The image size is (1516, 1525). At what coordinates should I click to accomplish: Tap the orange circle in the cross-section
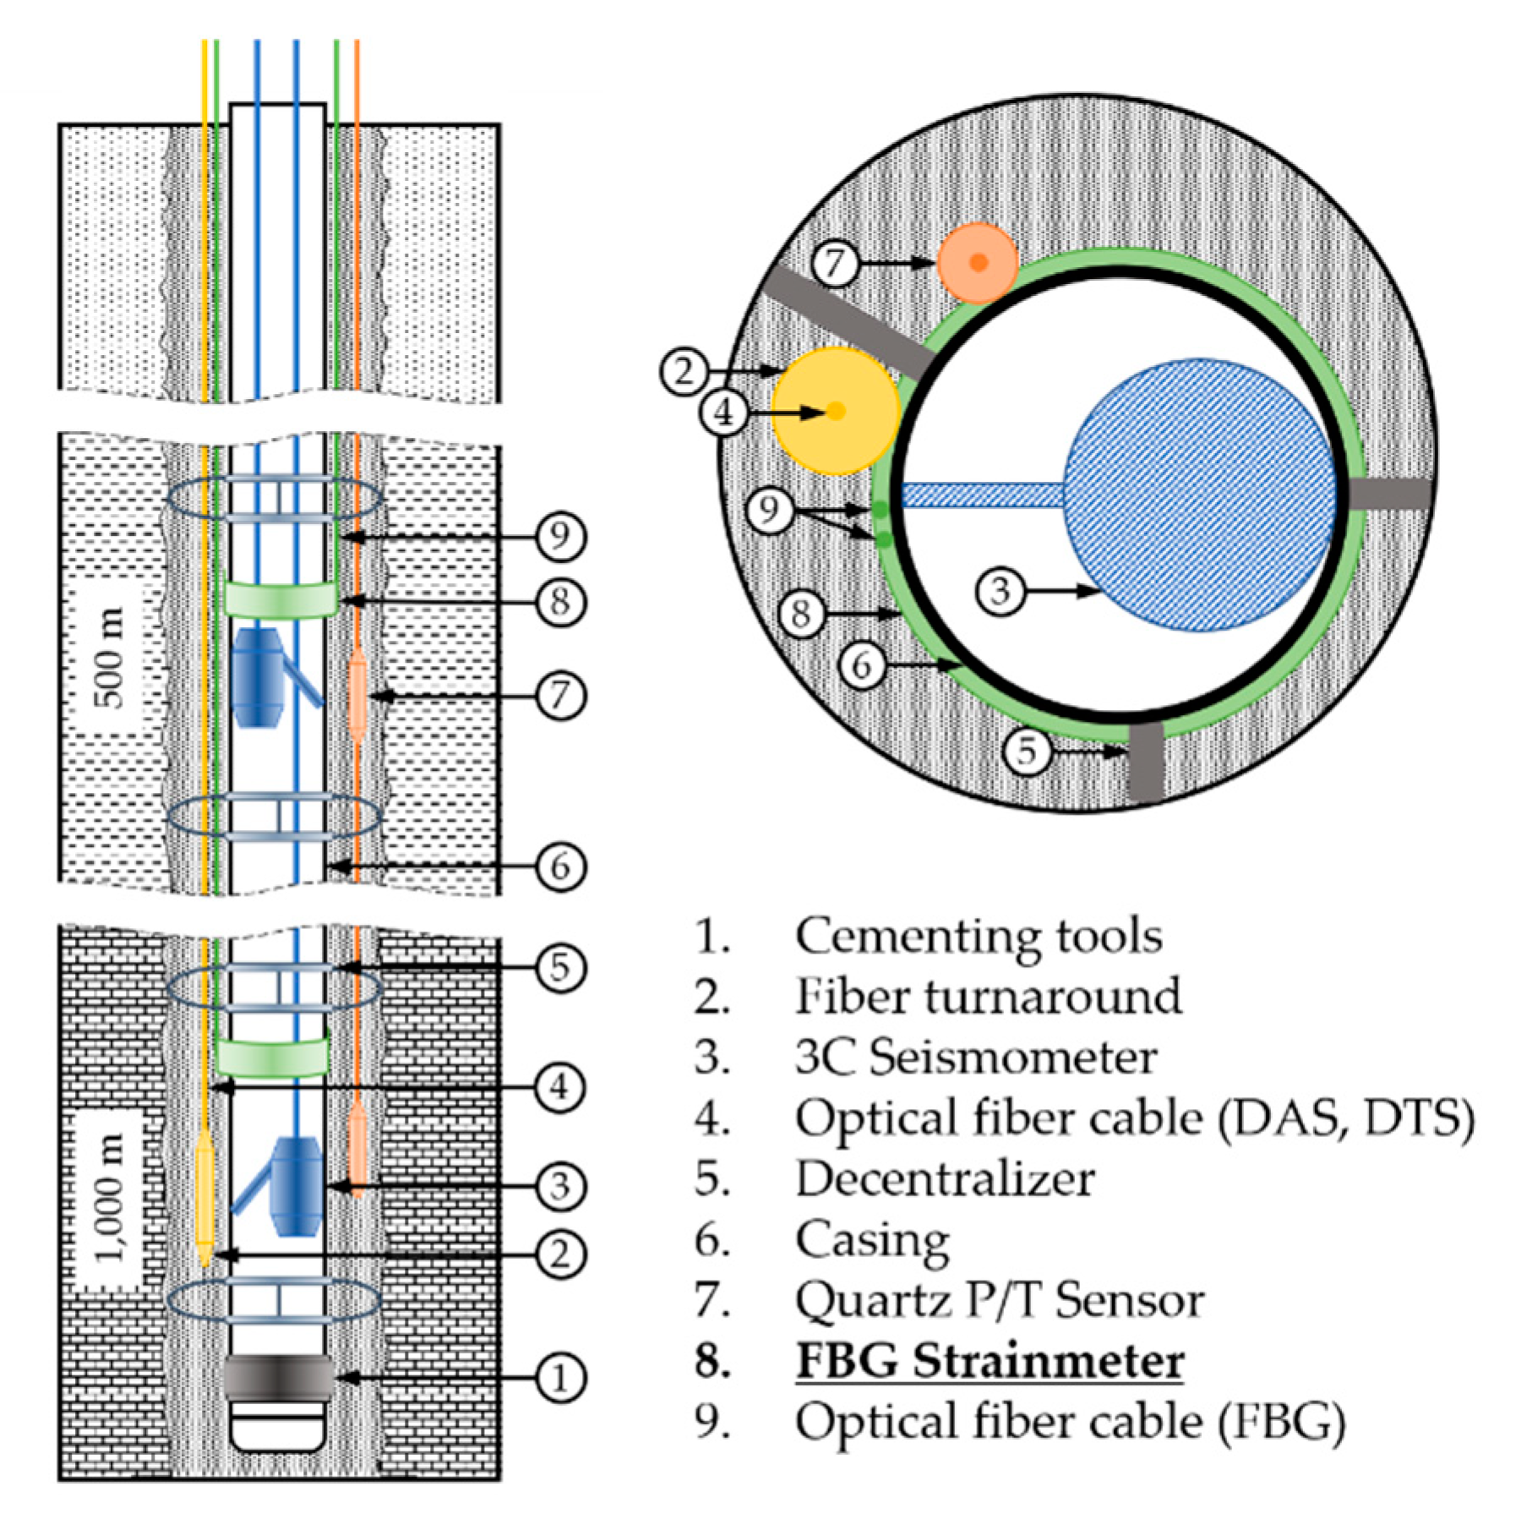(977, 262)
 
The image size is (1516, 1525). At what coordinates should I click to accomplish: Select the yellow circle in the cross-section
(835, 411)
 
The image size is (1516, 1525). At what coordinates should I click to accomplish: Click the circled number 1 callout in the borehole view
(560, 1378)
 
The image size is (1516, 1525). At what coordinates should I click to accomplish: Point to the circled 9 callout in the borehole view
(560, 536)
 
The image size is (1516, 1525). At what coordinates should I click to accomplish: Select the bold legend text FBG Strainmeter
(989, 1361)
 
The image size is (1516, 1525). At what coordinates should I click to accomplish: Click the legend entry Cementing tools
(978, 936)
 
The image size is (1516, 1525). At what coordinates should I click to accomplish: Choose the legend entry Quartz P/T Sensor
(999, 1300)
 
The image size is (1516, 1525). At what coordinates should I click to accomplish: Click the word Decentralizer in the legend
(944, 1178)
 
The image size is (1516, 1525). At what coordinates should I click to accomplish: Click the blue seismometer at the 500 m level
(258, 677)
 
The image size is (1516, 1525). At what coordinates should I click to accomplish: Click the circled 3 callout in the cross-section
(1000, 591)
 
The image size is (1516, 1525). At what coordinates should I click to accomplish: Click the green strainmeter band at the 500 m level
(281, 599)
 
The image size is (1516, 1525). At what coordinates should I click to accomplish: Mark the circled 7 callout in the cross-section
(835, 263)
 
